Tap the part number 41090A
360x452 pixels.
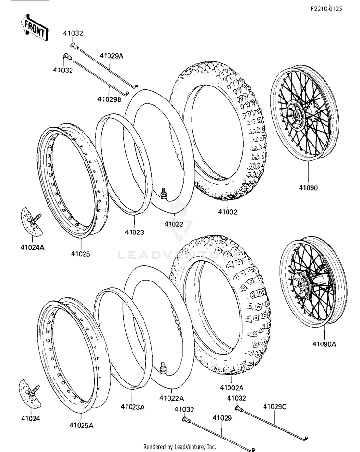[324, 344]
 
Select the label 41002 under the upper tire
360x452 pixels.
[227, 212]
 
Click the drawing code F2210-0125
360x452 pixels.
[326, 9]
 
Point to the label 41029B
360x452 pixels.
[109, 99]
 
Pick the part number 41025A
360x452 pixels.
[82, 425]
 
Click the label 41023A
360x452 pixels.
[132, 407]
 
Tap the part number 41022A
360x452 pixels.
[172, 398]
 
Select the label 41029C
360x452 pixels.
[275, 407]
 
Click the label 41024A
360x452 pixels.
[33, 247]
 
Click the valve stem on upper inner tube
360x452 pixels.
[164, 193]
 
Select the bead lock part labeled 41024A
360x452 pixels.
[32, 221]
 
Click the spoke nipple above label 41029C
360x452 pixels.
[238, 408]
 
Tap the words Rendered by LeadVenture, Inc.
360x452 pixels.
[180, 447]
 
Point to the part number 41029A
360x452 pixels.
[111, 56]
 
